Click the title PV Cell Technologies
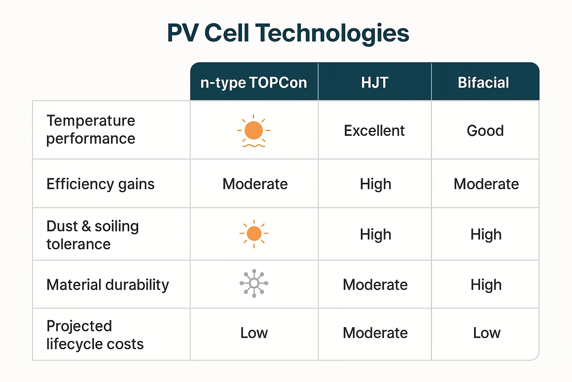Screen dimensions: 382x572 [288, 33]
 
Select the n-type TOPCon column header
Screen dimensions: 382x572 [254, 82]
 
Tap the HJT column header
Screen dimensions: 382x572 [375, 82]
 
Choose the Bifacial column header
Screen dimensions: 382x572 [483, 82]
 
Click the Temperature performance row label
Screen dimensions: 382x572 [91, 129]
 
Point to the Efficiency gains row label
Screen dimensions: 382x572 [101, 184]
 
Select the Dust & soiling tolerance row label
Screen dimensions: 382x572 [93, 235]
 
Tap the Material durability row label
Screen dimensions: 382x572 [108, 285]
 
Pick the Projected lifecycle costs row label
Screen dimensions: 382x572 [95, 335]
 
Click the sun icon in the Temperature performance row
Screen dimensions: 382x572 [254, 131]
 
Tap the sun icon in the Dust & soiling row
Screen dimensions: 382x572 [254, 234]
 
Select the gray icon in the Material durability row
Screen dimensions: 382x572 [254, 284]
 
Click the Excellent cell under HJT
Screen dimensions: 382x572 [374, 131]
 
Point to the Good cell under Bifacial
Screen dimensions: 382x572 [485, 131]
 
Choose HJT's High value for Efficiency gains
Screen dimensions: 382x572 [375, 184]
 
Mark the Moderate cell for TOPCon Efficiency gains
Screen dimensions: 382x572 [255, 184]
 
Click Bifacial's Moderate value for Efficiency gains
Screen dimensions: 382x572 [486, 184]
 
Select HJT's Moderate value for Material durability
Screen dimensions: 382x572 [375, 285]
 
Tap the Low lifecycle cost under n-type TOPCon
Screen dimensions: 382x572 [254, 333]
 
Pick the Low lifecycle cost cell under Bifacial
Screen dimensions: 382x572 [487, 333]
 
